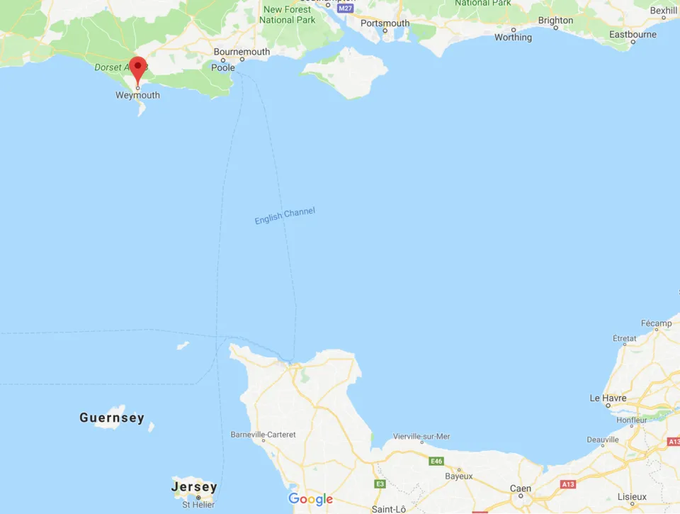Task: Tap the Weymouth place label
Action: click(x=137, y=95)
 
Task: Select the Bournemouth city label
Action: click(x=242, y=52)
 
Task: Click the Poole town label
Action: click(x=223, y=67)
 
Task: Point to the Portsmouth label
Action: click(x=385, y=23)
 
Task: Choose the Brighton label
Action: click(x=555, y=21)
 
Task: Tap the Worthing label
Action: click(x=513, y=38)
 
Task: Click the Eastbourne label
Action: click(x=633, y=34)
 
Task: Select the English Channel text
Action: click(x=285, y=216)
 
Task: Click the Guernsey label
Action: click(x=112, y=418)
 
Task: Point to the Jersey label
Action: click(x=194, y=487)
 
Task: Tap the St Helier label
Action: click(x=198, y=504)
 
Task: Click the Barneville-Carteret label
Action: click(x=263, y=434)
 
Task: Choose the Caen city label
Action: click(x=521, y=488)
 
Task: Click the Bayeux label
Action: click(x=458, y=476)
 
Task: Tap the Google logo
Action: click(x=310, y=499)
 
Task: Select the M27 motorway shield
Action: click(x=345, y=8)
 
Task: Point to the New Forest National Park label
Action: click(x=288, y=15)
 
